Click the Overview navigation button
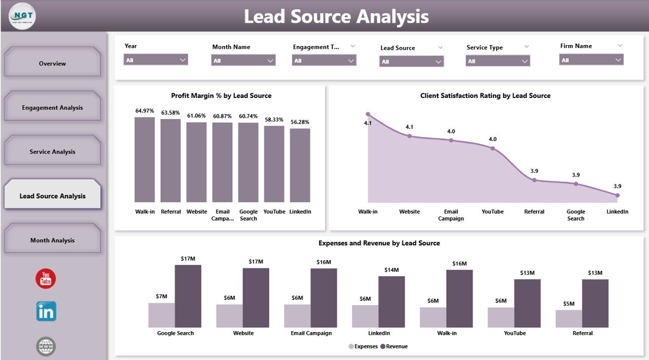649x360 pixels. click(x=52, y=63)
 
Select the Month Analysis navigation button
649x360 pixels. click(x=52, y=240)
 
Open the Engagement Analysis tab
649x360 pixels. click(x=52, y=107)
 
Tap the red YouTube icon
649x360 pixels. click(x=46, y=279)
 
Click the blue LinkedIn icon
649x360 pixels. click(x=46, y=312)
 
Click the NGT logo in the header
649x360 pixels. click(x=22, y=16)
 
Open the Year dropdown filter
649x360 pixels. click(x=156, y=60)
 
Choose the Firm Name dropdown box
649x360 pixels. click(x=591, y=60)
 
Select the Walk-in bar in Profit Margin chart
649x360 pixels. click(x=145, y=160)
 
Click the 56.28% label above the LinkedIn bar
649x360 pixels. click(x=300, y=122)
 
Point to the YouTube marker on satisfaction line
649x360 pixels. click(x=492, y=149)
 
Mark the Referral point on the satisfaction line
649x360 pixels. click(x=534, y=180)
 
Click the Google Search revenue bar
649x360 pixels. click(x=188, y=296)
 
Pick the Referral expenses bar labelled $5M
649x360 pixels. click(x=568, y=318)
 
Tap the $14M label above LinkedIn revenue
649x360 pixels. click(x=392, y=270)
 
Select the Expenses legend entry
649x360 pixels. click(x=363, y=346)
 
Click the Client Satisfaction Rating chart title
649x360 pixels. click(x=485, y=96)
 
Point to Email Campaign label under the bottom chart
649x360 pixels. click(x=311, y=333)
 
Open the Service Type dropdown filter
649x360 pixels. click(x=498, y=61)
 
